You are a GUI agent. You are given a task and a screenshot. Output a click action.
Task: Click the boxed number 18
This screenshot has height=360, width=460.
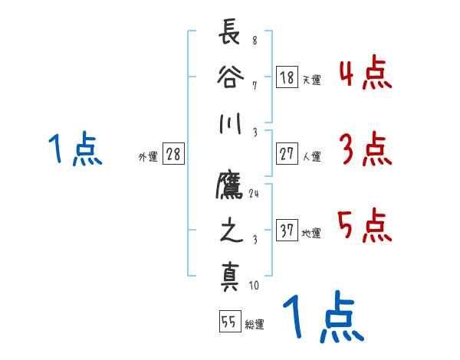(287, 77)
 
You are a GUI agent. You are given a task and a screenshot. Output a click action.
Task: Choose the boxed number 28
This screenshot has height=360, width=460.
(173, 154)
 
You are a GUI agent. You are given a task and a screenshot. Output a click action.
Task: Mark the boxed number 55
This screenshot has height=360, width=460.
(228, 322)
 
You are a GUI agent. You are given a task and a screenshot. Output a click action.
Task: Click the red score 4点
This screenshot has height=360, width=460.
(365, 77)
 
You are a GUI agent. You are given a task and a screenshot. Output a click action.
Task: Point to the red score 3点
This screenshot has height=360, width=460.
(365, 149)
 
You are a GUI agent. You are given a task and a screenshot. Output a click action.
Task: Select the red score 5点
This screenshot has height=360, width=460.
(365, 226)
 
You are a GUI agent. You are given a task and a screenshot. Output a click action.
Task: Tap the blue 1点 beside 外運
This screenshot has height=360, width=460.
(75, 149)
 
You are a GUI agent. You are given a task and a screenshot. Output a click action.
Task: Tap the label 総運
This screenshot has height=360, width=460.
(255, 324)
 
